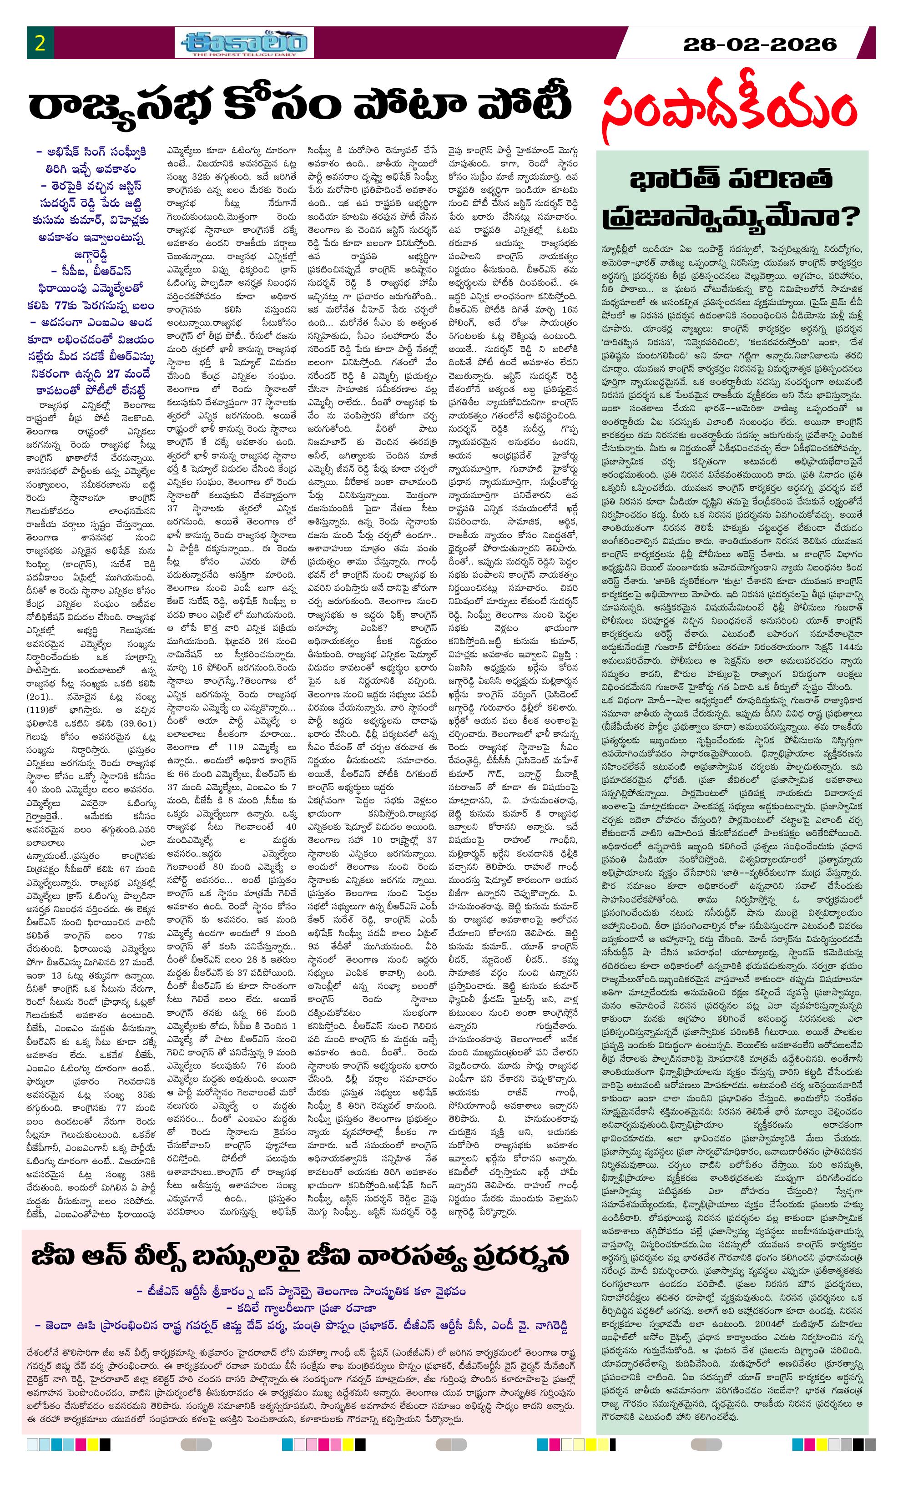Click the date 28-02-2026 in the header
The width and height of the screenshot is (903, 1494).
click(759, 44)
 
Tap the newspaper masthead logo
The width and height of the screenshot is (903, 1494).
click(244, 43)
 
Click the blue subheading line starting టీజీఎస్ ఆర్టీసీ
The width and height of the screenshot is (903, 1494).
click(302, 1291)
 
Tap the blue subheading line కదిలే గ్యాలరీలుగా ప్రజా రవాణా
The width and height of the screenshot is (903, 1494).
click(302, 1308)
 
